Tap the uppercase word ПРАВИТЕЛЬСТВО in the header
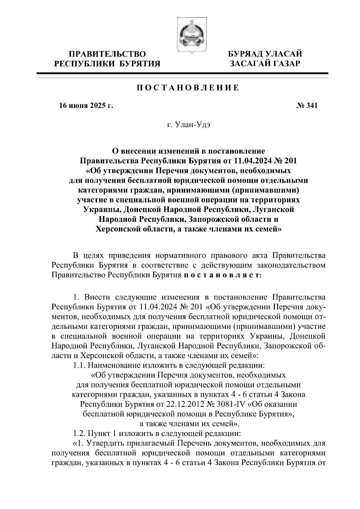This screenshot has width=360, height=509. tap(108, 54)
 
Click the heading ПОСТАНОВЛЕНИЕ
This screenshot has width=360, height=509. tap(188, 88)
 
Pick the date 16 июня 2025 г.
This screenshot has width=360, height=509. tap(86, 106)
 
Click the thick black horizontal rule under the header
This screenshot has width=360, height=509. tap(182, 73)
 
